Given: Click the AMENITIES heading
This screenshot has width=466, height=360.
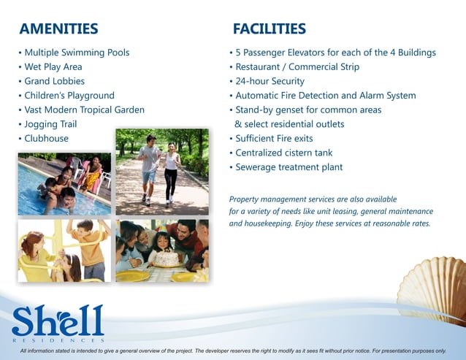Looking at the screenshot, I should coord(58,29).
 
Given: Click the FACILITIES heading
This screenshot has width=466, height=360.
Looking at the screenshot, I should coord(269,29).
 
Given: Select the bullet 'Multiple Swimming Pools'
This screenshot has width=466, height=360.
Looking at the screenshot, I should coord(76,53).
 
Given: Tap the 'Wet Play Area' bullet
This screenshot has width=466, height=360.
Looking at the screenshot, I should coord(53,67).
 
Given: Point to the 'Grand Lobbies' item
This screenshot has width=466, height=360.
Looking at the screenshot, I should coord(54,81).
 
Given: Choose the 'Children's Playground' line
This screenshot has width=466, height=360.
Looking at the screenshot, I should coord(69,96).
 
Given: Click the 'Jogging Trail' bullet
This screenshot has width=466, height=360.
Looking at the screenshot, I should coord(50,124).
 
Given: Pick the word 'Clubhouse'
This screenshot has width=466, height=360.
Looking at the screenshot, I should coord(46,138).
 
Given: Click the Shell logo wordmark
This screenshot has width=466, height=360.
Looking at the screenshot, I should coord(58,321).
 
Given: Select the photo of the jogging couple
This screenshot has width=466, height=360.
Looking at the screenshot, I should coord(161,172).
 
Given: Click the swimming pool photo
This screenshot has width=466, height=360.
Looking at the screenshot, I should coord(64,184).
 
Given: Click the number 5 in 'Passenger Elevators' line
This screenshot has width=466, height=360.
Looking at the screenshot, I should coord(238,53).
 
